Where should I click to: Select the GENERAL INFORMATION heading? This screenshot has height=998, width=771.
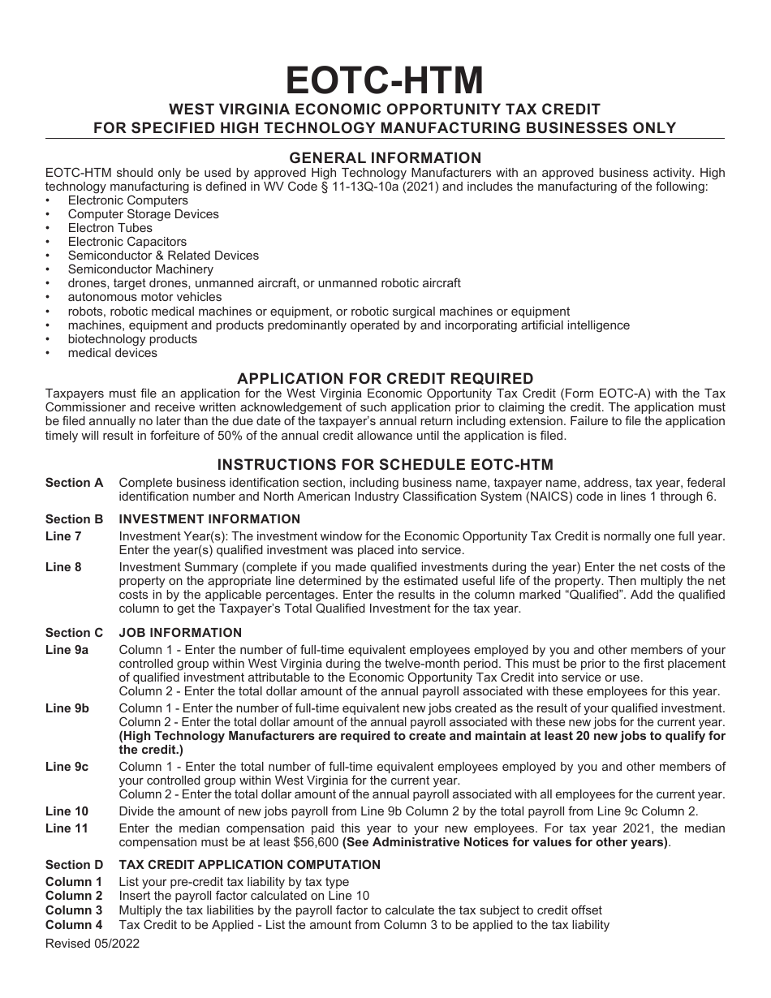click(x=385, y=157)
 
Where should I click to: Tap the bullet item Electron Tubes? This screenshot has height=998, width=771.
click(x=110, y=228)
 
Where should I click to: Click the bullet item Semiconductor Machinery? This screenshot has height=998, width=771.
click(x=140, y=269)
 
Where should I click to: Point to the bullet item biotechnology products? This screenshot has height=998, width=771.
click(x=132, y=339)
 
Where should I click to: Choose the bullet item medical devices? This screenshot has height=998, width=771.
click(x=112, y=353)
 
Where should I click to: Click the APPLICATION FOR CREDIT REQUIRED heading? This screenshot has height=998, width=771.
click(x=385, y=378)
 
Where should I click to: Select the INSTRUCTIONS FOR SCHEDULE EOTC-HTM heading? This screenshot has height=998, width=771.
click(x=385, y=465)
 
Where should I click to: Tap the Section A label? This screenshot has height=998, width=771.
click(x=74, y=483)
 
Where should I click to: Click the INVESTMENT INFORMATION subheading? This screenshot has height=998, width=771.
click(x=209, y=519)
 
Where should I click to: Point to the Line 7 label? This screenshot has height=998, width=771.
click(x=63, y=536)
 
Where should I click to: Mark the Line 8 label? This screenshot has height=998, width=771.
click(x=63, y=567)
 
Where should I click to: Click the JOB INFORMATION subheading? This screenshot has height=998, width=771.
click(x=180, y=633)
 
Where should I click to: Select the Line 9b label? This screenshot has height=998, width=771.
click(x=67, y=708)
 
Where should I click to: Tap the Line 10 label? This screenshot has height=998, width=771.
click(x=67, y=811)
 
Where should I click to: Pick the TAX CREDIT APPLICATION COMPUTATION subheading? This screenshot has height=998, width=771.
click(x=250, y=865)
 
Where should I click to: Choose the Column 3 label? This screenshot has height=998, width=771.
click(x=74, y=910)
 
